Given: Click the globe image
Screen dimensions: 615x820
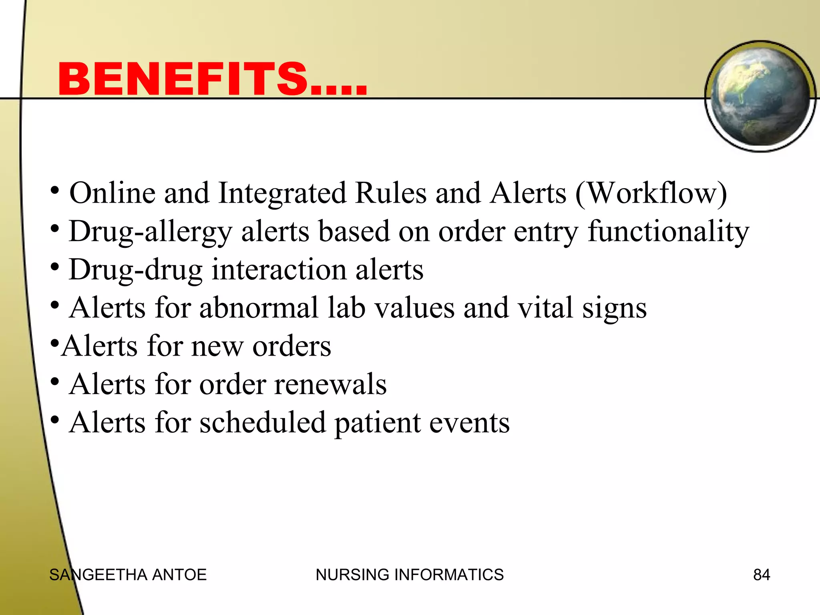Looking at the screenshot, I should pos(760,96).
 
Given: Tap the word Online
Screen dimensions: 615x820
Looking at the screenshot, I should pos(113,193).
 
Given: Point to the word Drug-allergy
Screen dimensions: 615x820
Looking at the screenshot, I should pos(151,232).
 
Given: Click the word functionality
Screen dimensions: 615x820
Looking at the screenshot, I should pos(668,232).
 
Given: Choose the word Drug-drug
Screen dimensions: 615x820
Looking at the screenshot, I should pos(136,270).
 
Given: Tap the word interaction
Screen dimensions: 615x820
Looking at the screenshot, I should pos(279,269).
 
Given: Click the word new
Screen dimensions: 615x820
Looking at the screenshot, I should pos(217,346).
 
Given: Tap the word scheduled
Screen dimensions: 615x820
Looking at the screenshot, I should pos(263,423).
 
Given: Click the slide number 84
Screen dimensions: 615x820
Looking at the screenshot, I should pos(761,575).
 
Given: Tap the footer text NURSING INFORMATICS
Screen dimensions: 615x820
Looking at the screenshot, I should pos(409,575).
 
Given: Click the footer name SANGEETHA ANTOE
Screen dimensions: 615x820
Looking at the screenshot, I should pos(128,575).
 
